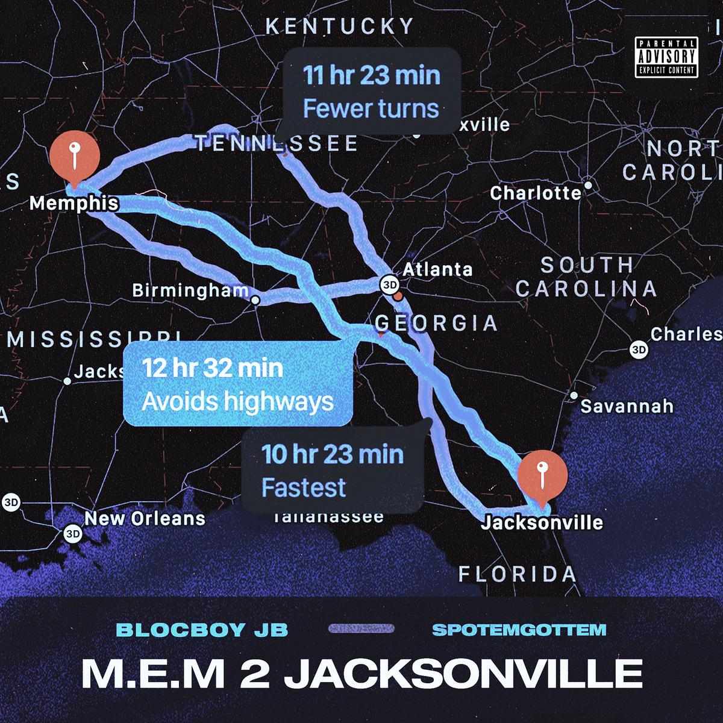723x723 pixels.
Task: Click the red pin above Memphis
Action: pyautogui.click(x=74, y=157)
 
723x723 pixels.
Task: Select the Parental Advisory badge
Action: pyautogui.click(x=666, y=57)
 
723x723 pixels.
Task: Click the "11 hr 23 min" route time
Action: pyautogui.click(x=371, y=76)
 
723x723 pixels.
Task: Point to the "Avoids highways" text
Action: pyautogui.click(x=237, y=401)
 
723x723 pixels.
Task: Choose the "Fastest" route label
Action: pyautogui.click(x=304, y=487)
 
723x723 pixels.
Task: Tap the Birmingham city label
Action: pyautogui.click(x=190, y=291)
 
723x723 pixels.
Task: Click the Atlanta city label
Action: pyautogui.click(x=437, y=269)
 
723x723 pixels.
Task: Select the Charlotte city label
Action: pyautogui.click(x=536, y=193)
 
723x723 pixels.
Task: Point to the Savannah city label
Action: pyautogui.click(x=627, y=406)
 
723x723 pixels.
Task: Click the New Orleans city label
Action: pyautogui.click(x=145, y=518)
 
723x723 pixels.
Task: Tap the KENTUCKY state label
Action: pyautogui.click(x=340, y=27)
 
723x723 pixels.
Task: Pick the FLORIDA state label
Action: pyautogui.click(x=518, y=574)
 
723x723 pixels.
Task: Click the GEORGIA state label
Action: pyautogui.click(x=437, y=324)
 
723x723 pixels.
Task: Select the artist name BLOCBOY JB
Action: pyautogui.click(x=202, y=630)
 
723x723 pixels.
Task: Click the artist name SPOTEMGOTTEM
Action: pyautogui.click(x=519, y=630)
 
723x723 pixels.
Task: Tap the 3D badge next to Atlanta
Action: pyautogui.click(x=389, y=284)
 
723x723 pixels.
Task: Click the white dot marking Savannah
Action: pyautogui.click(x=574, y=396)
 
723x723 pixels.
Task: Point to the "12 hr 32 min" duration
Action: pyautogui.click(x=212, y=368)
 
